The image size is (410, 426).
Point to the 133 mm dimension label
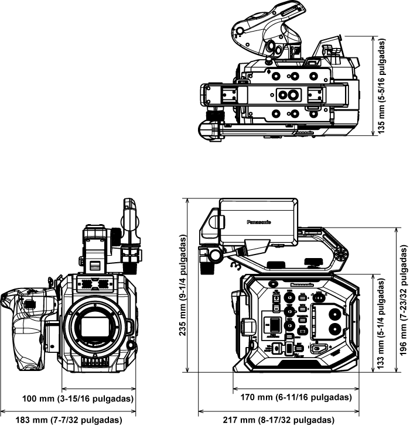click(382, 328)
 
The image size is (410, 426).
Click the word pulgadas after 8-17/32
click(311, 420)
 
